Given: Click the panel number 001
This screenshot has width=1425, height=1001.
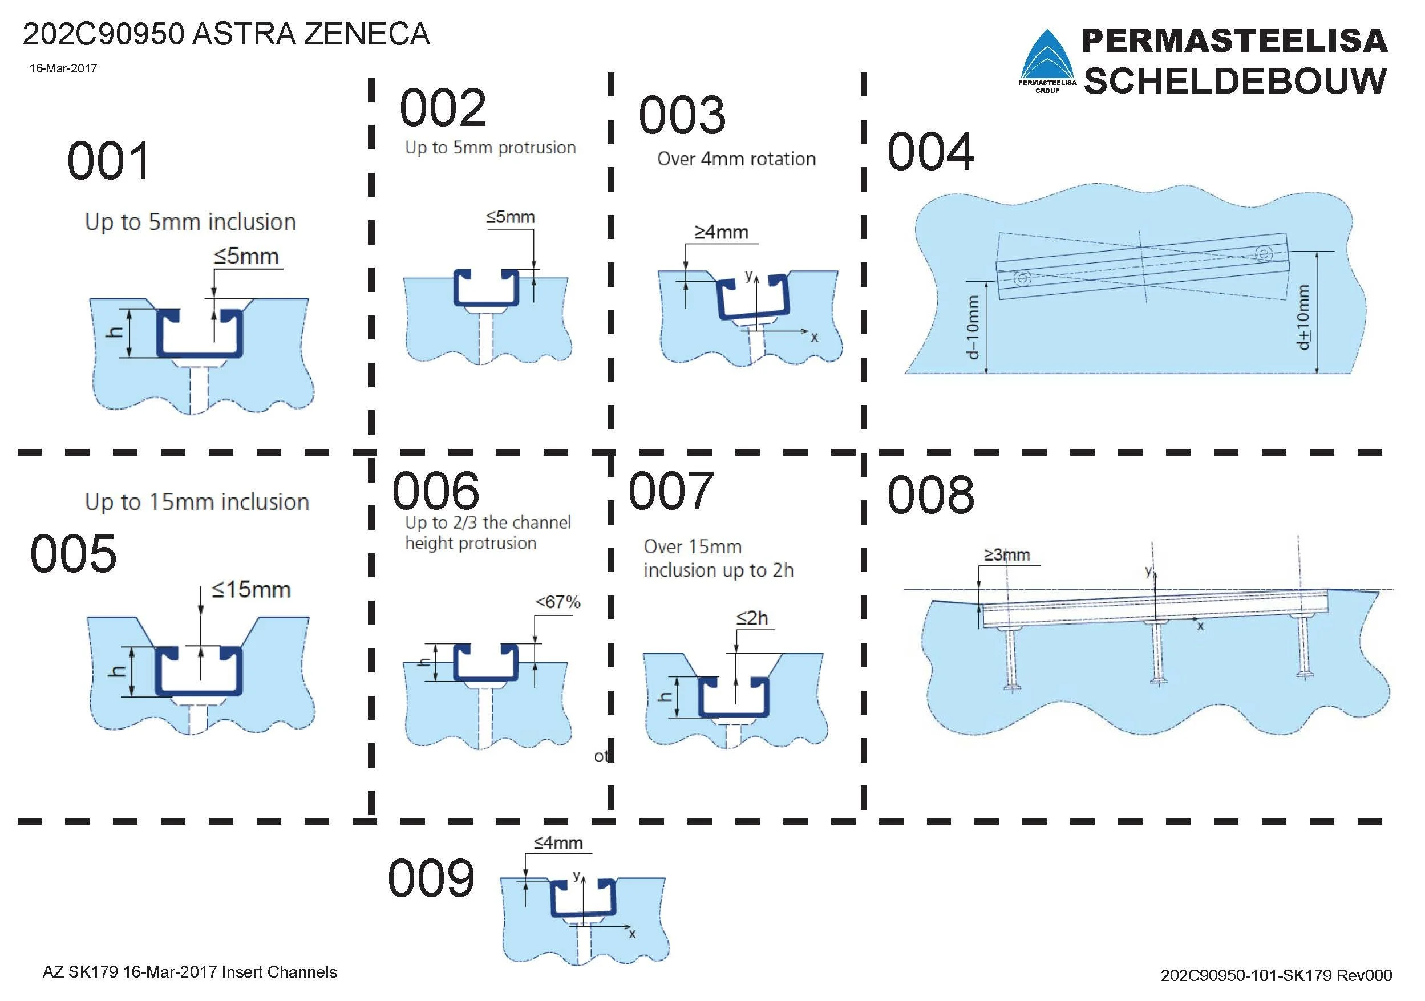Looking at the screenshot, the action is tap(108, 161).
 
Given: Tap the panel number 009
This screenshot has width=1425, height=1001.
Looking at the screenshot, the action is tap(431, 878).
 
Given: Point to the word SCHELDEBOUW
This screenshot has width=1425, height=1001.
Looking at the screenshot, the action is tap(1234, 80).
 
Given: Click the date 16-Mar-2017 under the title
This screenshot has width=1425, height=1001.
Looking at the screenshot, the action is tap(63, 68).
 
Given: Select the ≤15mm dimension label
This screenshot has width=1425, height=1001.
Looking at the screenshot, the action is tap(251, 590).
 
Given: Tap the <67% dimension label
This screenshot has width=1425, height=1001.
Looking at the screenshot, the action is tap(557, 602).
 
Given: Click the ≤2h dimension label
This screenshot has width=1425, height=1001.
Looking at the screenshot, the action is tap(752, 618).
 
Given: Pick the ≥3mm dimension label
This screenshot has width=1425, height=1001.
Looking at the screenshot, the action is tap(1007, 554).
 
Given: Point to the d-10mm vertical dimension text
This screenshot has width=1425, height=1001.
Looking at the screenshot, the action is tap(973, 327).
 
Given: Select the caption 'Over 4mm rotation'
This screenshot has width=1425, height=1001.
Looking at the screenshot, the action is tap(736, 159).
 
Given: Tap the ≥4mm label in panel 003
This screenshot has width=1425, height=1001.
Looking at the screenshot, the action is tap(720, 232).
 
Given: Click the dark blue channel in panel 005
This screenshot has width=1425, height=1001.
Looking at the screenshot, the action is tap(199, 690).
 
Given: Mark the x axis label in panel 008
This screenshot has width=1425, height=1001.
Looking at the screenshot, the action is tap(1200, 626).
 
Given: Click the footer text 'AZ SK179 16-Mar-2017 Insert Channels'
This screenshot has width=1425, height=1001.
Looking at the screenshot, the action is tap(189, 972).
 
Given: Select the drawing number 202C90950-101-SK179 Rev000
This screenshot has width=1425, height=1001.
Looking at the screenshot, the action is tap(1276, 975).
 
